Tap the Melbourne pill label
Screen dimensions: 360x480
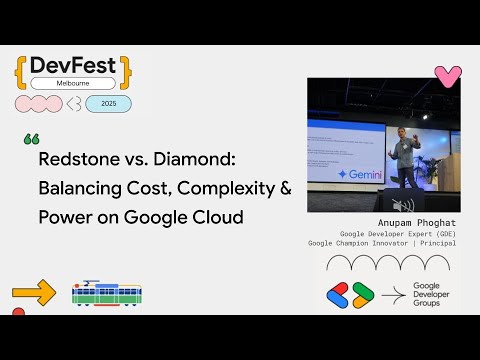point(74,84)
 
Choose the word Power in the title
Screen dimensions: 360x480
point(62,215)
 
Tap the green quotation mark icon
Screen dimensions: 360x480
point(30,138)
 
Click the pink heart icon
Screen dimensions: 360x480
point(448,76)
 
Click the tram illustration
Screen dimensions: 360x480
point(107,293)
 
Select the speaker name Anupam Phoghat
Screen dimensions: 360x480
point(412,224)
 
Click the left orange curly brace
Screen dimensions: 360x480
point(21,70)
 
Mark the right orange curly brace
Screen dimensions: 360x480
point(126,70)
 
